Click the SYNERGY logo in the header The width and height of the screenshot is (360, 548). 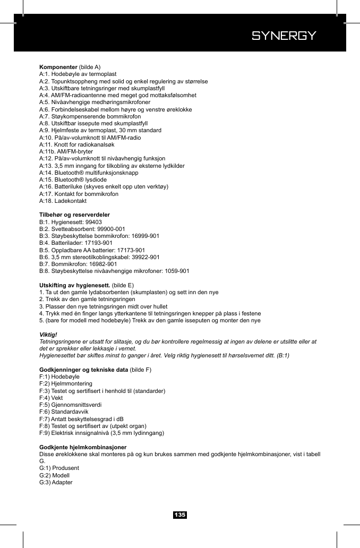284,36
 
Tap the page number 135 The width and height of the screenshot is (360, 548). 180,515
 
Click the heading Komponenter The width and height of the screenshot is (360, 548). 58,67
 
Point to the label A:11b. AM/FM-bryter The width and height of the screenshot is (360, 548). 66,152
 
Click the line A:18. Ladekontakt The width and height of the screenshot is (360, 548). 63,201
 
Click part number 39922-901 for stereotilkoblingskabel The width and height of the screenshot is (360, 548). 142,257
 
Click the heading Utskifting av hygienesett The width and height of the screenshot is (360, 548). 75,285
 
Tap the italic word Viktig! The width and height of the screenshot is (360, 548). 48,335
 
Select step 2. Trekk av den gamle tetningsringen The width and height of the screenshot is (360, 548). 87,299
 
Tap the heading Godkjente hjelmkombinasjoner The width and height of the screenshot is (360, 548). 83,448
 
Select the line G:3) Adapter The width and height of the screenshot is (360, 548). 56,482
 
